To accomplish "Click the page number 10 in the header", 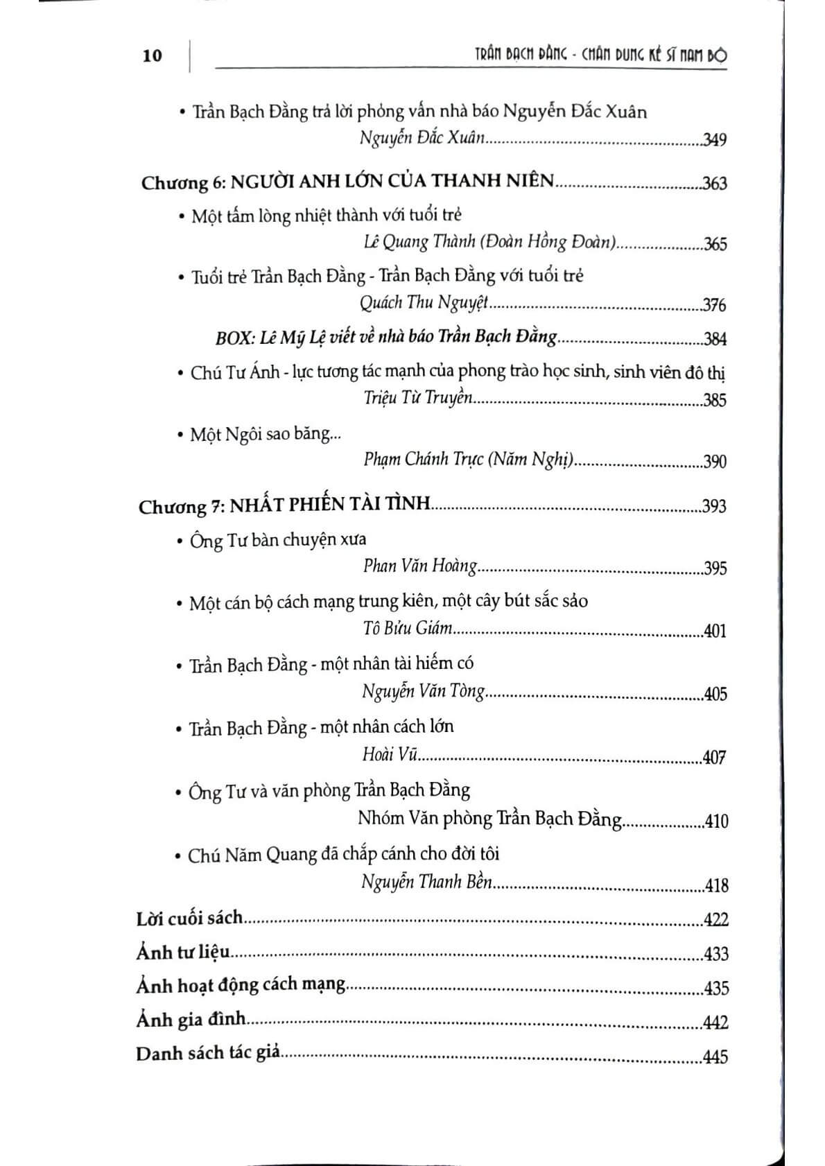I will click(153, 55).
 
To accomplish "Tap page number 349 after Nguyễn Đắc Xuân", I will click(714, 140).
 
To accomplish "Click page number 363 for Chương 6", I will click(715, 184).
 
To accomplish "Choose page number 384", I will click(715, 339).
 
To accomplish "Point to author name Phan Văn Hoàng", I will click(420, 566).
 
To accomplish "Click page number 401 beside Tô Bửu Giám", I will click(714, 632).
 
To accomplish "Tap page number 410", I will click(715, 821).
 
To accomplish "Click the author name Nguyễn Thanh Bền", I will click(426, 882).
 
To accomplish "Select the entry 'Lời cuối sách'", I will click(190, 919).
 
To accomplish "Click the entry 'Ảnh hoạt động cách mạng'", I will click(241, 985).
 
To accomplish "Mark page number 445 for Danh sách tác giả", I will click(715, 1057).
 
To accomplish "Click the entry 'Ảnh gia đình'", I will click(191, 1020).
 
